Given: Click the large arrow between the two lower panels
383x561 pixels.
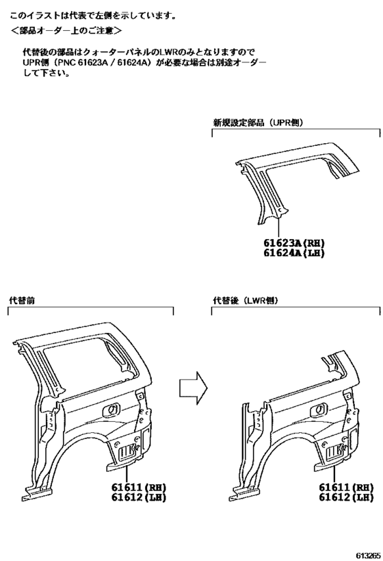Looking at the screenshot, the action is coord(194,388).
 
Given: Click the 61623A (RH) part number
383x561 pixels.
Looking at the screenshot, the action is coord(294,243).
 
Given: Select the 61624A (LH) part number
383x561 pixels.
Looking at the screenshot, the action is coord(294,253).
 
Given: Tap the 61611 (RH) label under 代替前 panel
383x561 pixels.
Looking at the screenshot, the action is coord(139,487).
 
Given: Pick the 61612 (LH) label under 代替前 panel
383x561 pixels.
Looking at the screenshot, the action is coord(139,497).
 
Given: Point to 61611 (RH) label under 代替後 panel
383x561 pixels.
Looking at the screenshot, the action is coord(346,487).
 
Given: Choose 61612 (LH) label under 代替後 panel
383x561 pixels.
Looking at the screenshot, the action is coord(346,497).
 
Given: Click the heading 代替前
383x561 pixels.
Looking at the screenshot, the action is coord(22,301).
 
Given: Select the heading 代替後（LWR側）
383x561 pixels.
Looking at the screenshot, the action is coord(245,301).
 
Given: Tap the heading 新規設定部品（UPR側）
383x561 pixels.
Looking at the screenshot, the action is coord(258,123).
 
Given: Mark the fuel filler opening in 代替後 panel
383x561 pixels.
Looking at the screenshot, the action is coord(319,410).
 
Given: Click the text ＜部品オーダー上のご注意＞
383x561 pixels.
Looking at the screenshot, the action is coord(66,31).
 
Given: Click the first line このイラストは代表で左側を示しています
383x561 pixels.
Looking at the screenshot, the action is coord(93,16).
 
